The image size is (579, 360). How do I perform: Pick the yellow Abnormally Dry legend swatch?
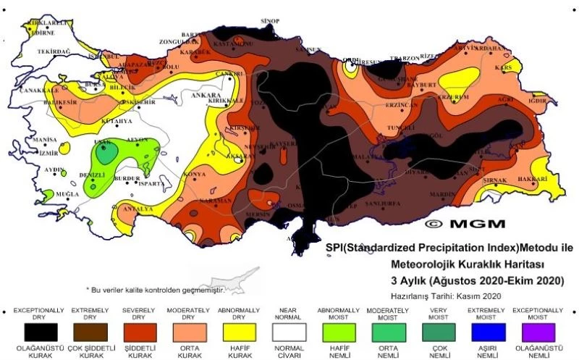[238, 332]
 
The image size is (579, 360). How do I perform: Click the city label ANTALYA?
[138, 209]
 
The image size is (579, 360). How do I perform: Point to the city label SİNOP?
[269, 22]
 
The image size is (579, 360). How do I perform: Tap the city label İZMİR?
[48, 154]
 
